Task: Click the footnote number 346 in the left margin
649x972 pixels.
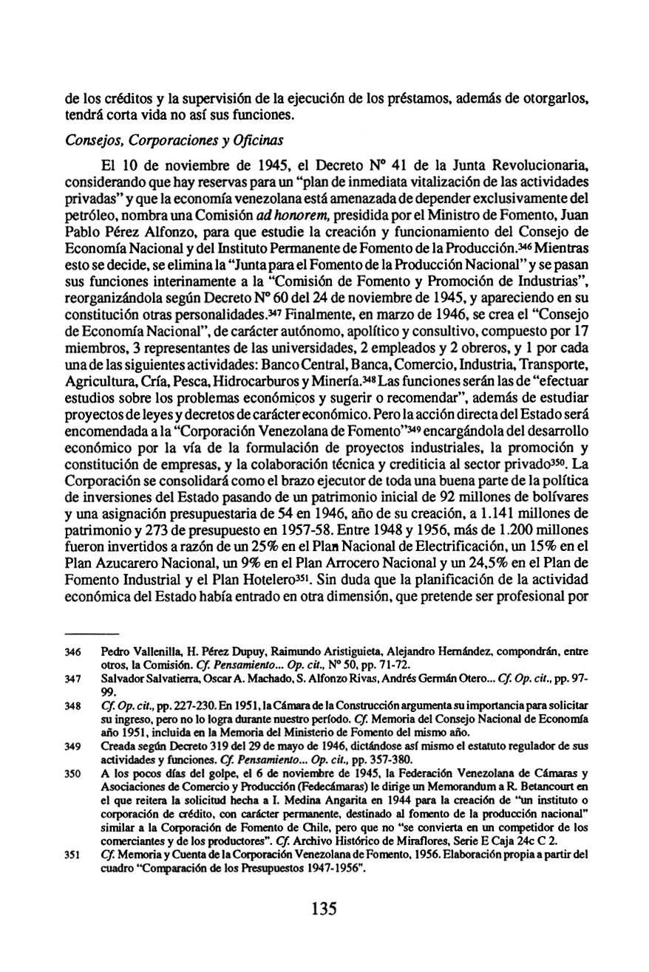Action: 74,653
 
